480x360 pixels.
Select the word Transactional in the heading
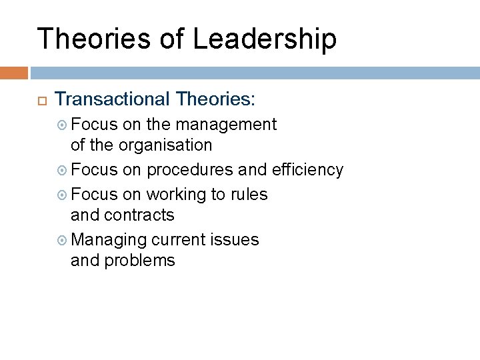[111, 100]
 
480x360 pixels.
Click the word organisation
[167, 145]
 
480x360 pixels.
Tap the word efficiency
[307, 170]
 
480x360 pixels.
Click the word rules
[249, 195]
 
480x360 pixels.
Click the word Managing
[109, 239]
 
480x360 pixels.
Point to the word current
[180, 239]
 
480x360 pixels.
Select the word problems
[139, 261]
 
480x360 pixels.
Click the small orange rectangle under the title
[13, 73]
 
